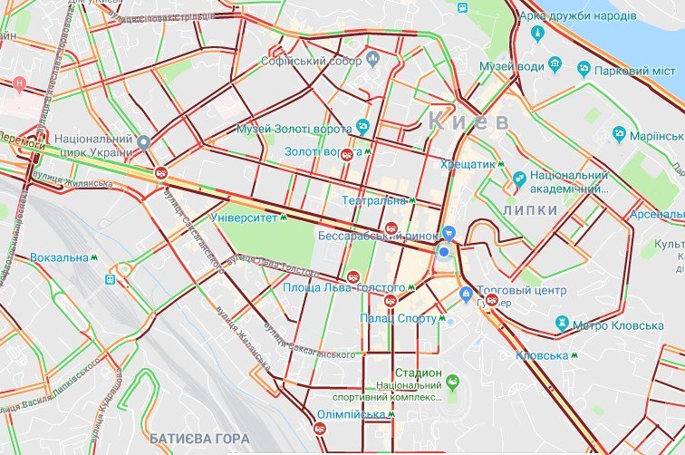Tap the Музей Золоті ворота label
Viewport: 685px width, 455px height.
[x=295, y=129]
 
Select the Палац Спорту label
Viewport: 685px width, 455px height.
[x=408, y=318]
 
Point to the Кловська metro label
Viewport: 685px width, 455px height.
[x=542, y=355]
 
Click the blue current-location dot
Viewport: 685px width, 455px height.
[x=444, y=252]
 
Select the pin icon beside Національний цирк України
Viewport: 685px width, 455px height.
[x=143, y=140]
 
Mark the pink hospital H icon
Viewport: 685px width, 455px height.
[x=19, y=83]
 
